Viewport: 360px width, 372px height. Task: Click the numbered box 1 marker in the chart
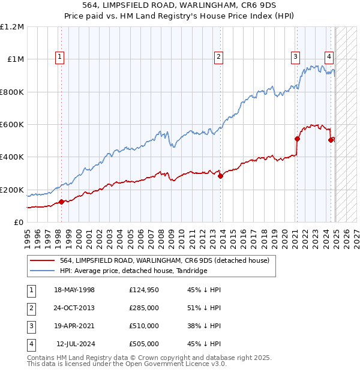point(61,57)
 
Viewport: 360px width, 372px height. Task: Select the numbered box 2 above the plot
point(218,57)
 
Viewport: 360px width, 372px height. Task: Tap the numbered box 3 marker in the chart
point(296,57)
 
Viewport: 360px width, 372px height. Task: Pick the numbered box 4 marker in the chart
point(329,57)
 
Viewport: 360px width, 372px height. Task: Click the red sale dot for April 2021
point(297,139)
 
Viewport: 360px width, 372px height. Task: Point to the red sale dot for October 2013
point(220,176)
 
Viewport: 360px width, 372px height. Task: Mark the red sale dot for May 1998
point(61,202)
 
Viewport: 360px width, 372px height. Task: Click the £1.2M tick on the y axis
point(12,27)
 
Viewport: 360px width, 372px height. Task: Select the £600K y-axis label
point(12,125)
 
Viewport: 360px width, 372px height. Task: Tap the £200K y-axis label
point(12,190)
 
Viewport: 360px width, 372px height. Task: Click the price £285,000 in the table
point(143,308)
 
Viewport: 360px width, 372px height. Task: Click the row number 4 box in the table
point(31,344)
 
